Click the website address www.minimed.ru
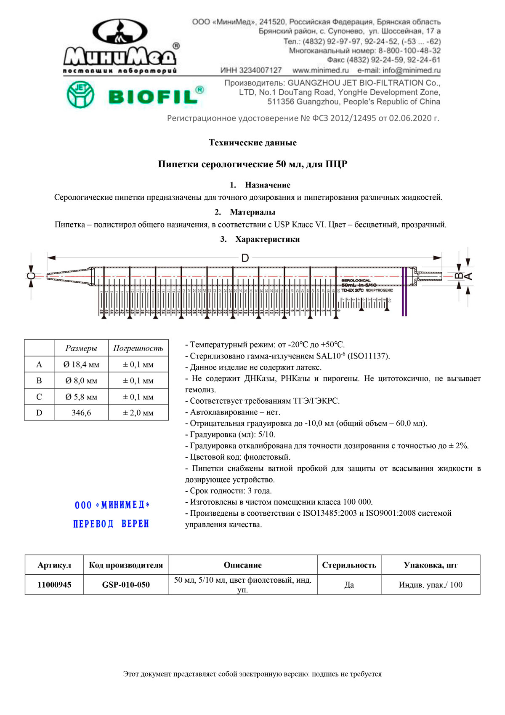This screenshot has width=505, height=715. click(x=321, y=70)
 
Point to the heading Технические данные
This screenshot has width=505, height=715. click(x=252, y=143)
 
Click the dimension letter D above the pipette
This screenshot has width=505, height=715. click(x=245, y=258)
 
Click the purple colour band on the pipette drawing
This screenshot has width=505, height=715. click(x=404, y=291)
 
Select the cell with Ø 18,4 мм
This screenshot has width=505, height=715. click(x=81, y=365)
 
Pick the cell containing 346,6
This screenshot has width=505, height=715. click(x=81, y=413)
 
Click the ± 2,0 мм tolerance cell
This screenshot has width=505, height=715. click(x=138, y=413)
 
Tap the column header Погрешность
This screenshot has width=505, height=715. click(x=138, y=348)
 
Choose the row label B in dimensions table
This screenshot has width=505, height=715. click(x=39, y=381)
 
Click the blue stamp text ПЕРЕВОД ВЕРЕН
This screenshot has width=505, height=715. click(x=111, y=524)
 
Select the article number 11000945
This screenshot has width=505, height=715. click(x=54, y=585)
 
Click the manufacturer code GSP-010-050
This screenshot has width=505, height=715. click(x=126, y=585)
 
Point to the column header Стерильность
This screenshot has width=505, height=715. click(x=349, y=565)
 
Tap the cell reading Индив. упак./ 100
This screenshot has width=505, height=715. click(x=430, y=585)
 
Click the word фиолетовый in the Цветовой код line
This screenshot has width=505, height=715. click(x=267, y=457)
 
